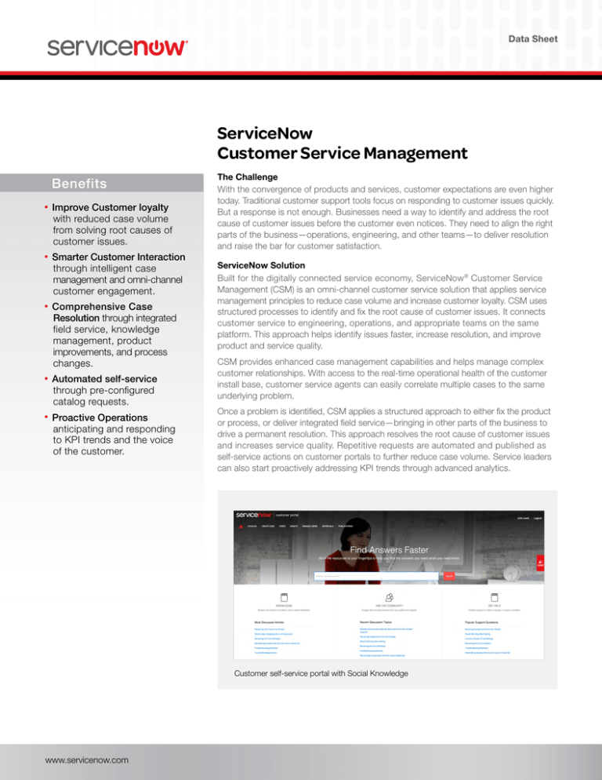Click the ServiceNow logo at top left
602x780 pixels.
pyautogui.click(x=118, y=47)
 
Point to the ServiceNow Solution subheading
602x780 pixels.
pyautogui.click(x=252, y=266)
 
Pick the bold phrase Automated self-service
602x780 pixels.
pyautogui.click(x=104, y=379)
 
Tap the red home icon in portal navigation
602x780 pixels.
pyautogui.click(x=241, y=527)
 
